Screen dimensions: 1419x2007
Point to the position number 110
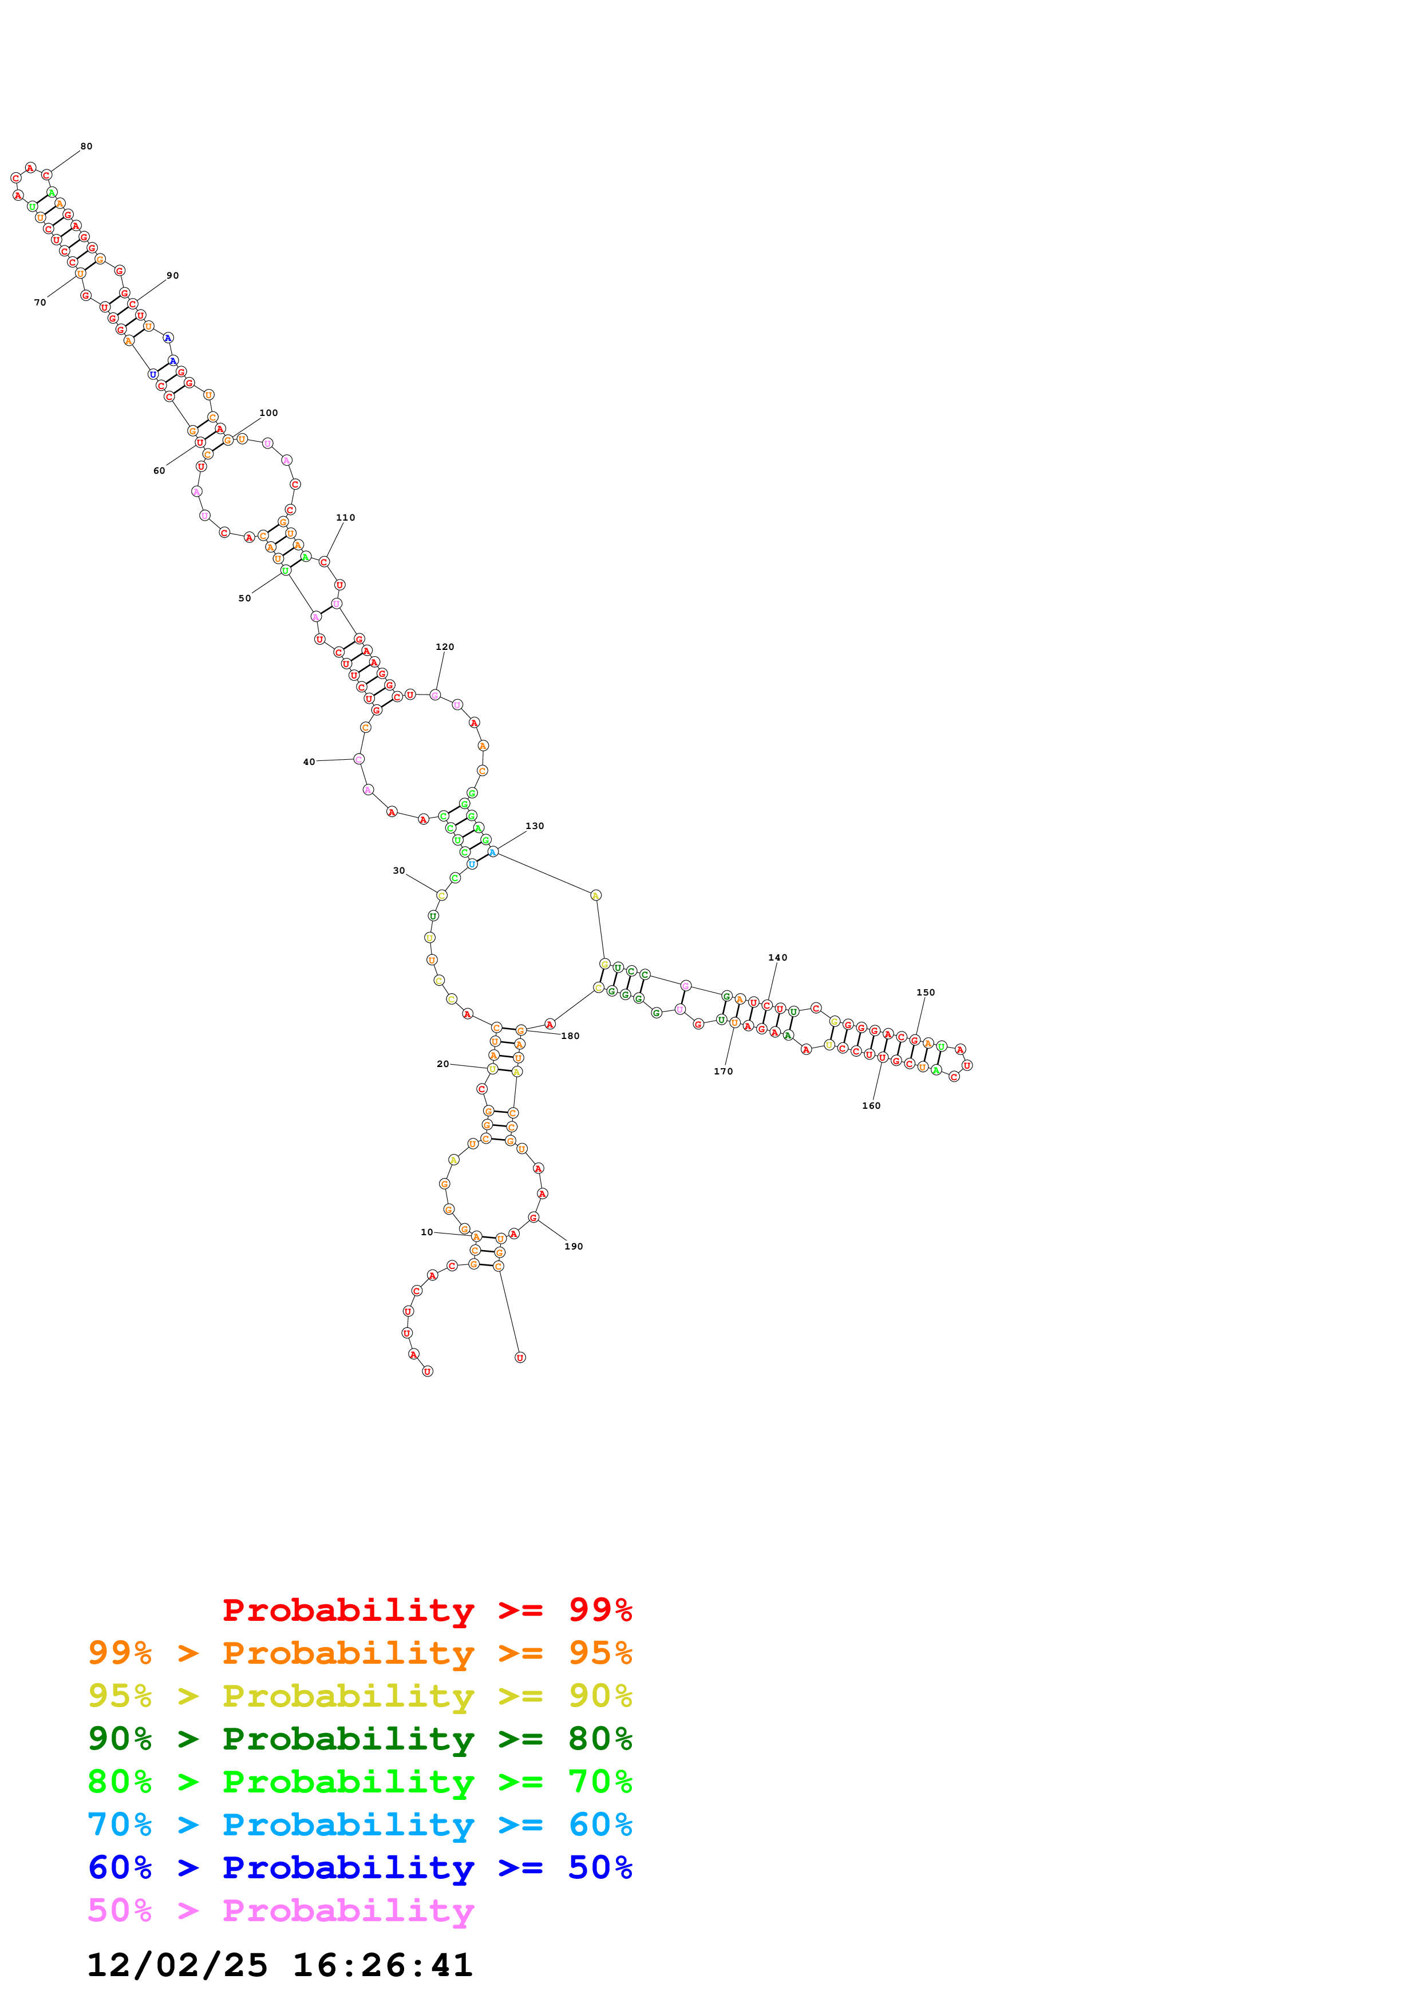click(345, 518)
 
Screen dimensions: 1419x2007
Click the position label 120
click(444, 648)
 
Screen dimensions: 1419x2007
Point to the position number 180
click(570, 1037)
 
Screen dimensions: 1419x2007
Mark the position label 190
click(574, 1247)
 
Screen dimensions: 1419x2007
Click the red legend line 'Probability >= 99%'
click(426, 1610)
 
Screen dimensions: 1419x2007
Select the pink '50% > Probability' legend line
click(280, 1911)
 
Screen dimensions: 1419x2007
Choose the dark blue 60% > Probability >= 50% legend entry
click(359, 1868)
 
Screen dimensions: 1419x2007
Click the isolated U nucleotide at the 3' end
click(520, 1358)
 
